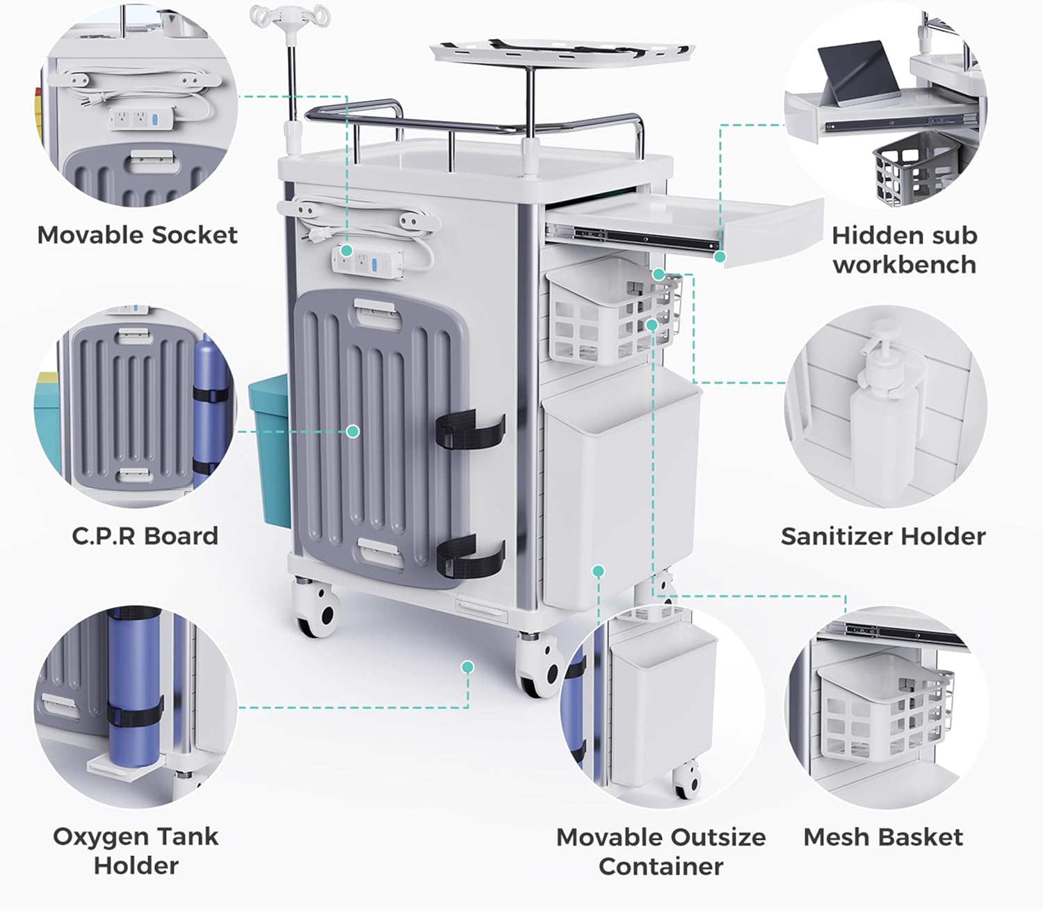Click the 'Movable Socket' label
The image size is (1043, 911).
coord(137,235)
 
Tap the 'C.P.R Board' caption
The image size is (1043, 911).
coord(145,536)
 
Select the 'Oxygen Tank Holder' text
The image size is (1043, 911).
coord(136,850)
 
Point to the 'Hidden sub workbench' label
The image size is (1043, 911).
coord(904,250)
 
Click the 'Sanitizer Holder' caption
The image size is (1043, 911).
coord(883,536)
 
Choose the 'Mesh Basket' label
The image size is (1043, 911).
coord(883,837)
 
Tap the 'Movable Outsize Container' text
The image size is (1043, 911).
coord(661,851)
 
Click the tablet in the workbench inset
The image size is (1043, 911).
coord(857,73)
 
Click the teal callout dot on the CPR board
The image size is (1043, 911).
coord(353,431)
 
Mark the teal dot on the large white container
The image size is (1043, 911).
coord(598,571)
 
